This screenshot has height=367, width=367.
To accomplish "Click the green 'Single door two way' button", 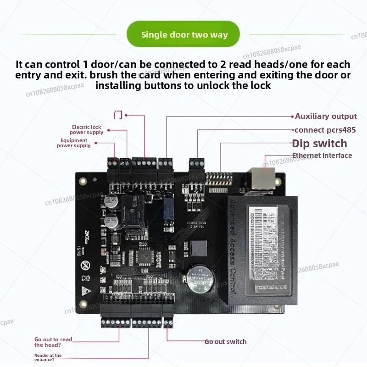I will click(183, 34).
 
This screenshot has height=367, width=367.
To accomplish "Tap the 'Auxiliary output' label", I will click(326, 117).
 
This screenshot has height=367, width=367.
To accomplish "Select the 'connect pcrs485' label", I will click(325, 130).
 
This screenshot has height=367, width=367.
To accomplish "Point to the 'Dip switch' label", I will click(319, 144).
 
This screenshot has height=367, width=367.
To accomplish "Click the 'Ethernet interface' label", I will click(322, 156).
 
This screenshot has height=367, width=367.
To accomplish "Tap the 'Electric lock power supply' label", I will click(86, 130).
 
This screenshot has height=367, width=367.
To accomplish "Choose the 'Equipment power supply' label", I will click(73, 143).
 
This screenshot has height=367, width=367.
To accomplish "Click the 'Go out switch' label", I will click(225, 342).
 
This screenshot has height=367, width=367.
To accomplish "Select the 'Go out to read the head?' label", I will click(53, 342).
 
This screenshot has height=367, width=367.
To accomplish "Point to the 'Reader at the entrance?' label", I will click(48, 358).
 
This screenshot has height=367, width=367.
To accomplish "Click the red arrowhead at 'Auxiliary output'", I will click(292, 117).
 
